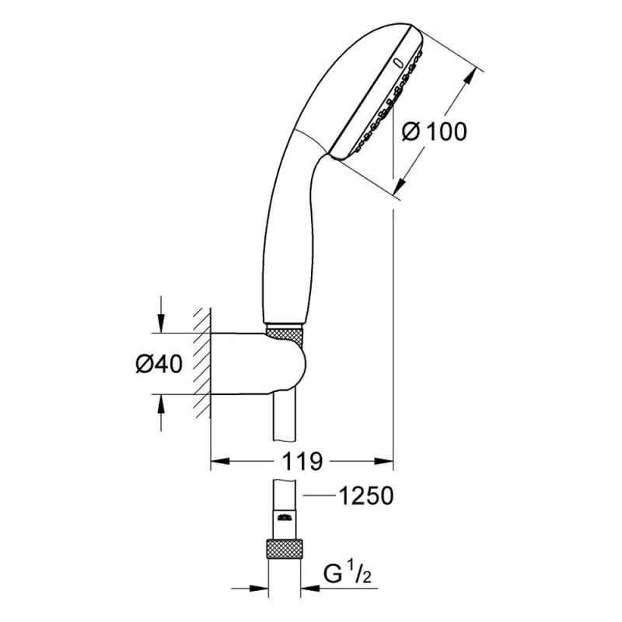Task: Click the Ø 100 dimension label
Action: (435, 131)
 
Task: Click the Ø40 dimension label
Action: (159, 363)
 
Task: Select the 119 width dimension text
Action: (302, 461)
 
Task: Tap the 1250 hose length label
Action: (365, 495)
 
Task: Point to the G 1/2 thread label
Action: (348, 574)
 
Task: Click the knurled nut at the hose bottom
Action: (284, 549)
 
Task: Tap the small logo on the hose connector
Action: (285, 517)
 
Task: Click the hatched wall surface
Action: (202, 362)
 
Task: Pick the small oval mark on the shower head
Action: (398, 63)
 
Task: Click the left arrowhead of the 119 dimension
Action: (220, 461)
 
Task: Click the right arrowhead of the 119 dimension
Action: (383, 461)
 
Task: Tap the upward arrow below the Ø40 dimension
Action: (161, 413)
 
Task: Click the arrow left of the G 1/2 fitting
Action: (250, 589)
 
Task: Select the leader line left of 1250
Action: (319, 495)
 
